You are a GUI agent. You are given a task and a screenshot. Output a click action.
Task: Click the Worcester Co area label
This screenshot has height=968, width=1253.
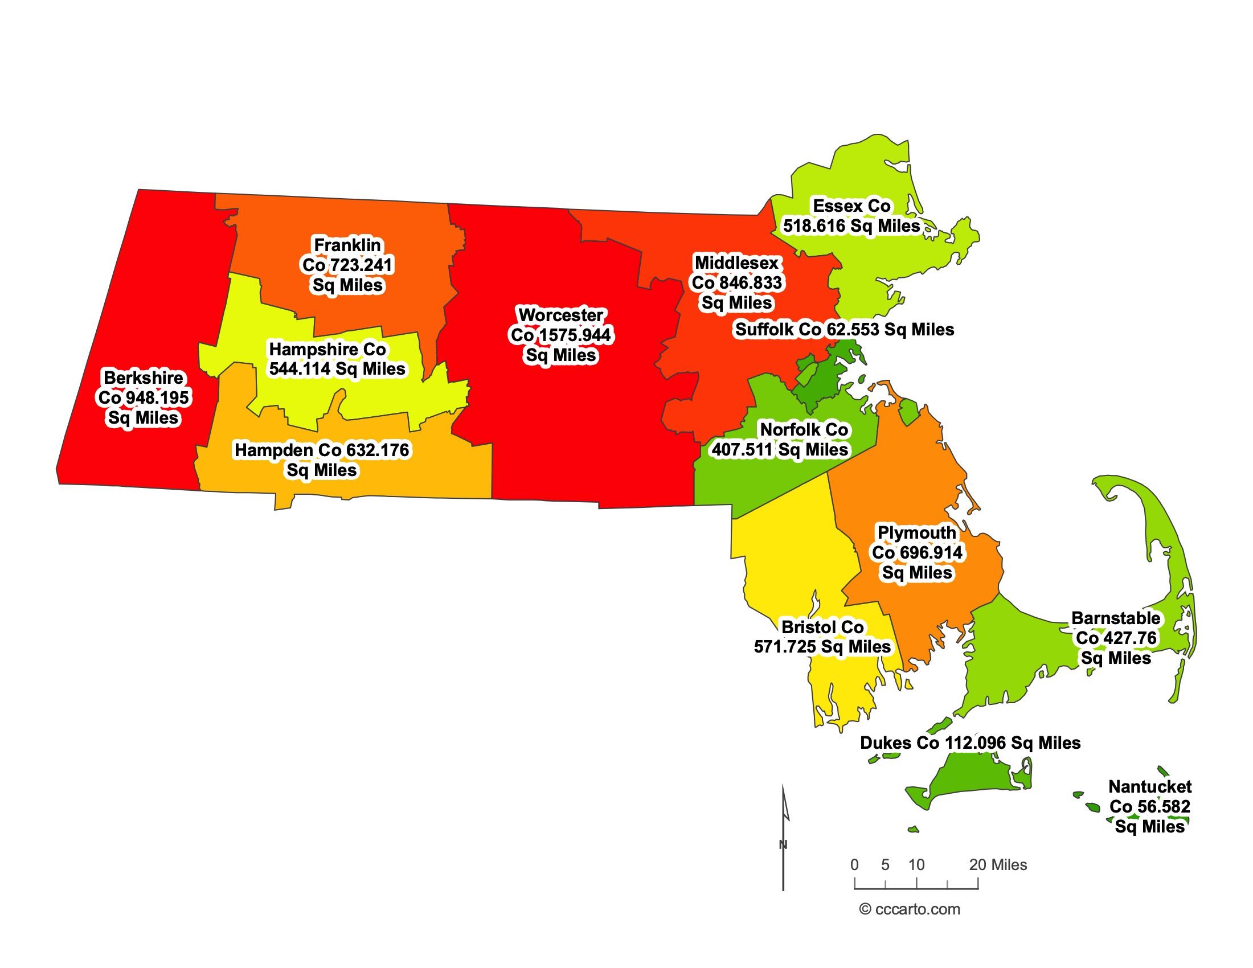click(560, 335)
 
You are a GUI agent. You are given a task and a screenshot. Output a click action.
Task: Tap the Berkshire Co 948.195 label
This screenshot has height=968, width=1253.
click(144, 398)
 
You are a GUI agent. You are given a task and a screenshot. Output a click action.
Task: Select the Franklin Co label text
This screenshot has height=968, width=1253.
click(347, 265)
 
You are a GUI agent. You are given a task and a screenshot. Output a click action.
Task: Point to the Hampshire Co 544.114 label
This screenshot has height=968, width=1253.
click(337, 359)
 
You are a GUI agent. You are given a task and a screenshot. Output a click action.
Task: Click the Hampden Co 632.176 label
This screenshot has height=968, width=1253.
click(322, 460)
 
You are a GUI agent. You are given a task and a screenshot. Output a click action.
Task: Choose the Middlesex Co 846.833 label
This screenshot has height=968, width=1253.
click(736, 283)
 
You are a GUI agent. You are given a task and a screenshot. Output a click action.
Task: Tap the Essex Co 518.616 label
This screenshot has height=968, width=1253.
click(851, 216)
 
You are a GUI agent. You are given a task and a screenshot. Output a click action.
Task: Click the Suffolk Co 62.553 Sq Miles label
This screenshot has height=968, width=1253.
click(845, 330)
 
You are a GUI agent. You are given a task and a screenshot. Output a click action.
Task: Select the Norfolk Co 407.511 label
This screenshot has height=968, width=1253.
click(780, 439)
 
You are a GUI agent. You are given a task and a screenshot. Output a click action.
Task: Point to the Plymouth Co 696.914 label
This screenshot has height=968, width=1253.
click(917, 553)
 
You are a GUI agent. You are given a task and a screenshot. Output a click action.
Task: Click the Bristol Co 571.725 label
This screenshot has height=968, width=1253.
click(822, 637)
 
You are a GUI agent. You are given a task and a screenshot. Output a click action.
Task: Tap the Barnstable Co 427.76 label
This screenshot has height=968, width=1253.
click(1116, 638)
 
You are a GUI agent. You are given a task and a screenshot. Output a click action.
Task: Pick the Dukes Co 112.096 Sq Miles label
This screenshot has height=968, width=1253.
click(970, 743)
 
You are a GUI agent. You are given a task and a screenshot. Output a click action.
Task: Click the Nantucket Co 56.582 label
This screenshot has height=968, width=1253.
click(1150, 806)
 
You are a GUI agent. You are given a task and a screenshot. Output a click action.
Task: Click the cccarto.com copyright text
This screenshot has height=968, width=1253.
click(910, 909)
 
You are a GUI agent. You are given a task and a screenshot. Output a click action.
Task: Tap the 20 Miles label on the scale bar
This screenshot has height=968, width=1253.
click(998, 865)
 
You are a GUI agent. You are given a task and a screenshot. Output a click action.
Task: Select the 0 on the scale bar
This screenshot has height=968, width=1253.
click(855, 865)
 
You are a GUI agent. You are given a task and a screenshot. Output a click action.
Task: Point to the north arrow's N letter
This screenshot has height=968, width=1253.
click(783, 844)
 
